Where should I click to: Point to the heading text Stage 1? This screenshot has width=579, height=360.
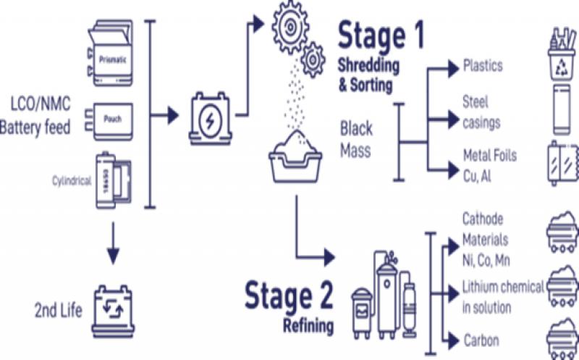click(x=380, y=35)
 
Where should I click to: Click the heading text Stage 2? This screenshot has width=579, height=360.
click(x=289, y=296)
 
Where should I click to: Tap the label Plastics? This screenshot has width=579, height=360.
click(x=483, y=67)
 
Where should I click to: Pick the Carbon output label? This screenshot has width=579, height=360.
click(x=481, y=340)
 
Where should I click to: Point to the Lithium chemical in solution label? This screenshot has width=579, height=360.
click(x=502, y=297)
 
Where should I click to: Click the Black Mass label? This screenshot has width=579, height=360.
click(x=357, y=140)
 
